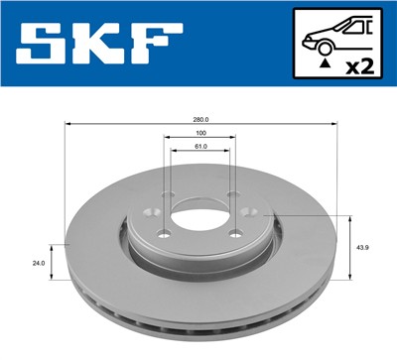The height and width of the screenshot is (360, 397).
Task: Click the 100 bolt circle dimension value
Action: (199, 133)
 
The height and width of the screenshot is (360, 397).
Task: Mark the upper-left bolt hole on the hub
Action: (168, 194)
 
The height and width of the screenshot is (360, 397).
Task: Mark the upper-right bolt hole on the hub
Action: (230, 194)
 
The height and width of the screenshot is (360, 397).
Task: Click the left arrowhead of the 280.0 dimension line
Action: (68, 125)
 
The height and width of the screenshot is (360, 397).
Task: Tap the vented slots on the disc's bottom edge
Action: (198, 328)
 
